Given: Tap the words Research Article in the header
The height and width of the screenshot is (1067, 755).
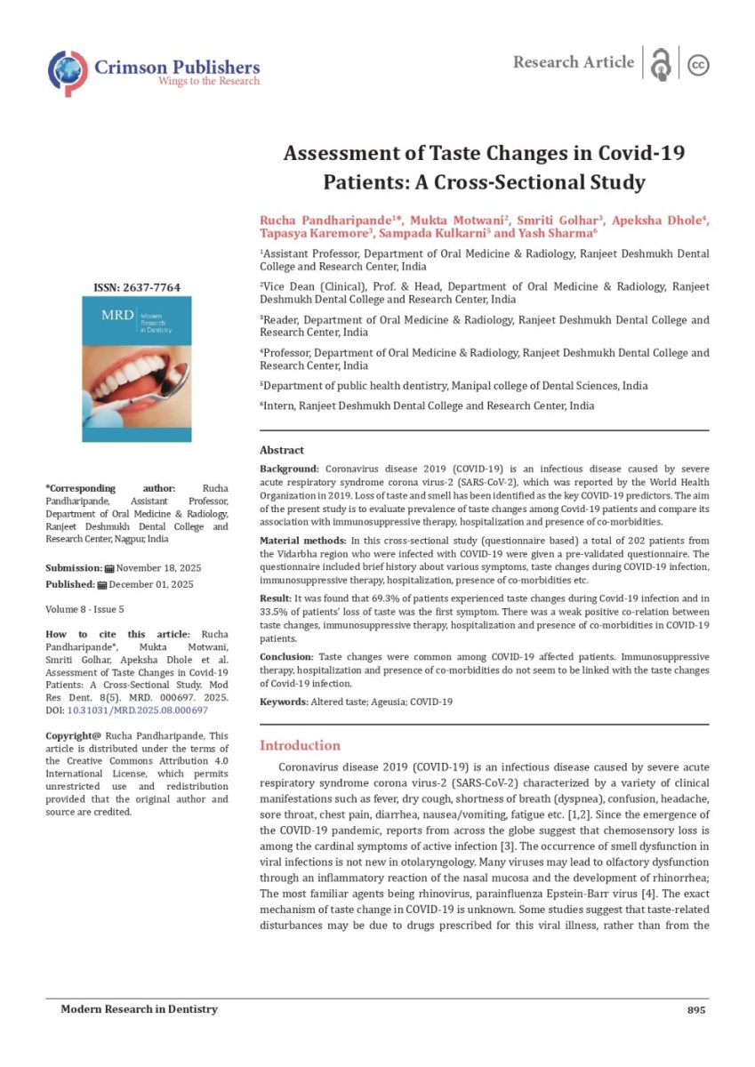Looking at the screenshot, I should pos(574,62).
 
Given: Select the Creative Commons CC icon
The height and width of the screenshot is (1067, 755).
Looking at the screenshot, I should pos(698,65).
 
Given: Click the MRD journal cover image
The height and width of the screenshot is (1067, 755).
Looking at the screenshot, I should pos(136,369).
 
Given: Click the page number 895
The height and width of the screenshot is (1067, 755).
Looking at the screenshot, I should pos(696,1010).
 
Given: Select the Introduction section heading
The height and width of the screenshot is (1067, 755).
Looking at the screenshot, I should pos(299,745).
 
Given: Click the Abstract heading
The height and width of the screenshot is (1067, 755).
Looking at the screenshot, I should pos(281,450).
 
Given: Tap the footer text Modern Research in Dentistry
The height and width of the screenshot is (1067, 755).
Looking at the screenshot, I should pos(139,1010).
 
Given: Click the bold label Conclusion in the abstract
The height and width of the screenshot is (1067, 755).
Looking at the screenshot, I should pos(285,656).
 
